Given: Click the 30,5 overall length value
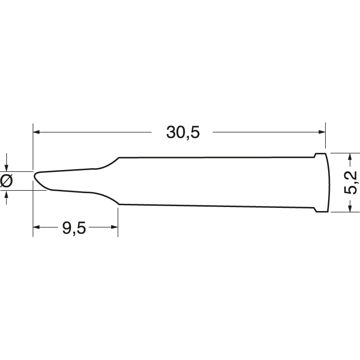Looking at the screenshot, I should click(x=182, y=132).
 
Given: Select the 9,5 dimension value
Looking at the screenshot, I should click(x=74, y=228).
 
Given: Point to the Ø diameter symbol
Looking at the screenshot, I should click(x=7, y=181).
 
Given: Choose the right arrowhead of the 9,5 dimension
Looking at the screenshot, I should click(x=114, y=228).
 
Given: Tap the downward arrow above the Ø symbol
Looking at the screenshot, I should click(x=6, y=168).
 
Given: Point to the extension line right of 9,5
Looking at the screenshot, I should click(x=118, y=220).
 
